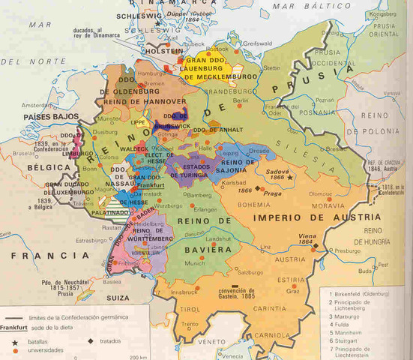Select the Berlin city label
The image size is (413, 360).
(x=241, y=100)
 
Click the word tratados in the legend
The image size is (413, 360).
(x=110, y=341)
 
